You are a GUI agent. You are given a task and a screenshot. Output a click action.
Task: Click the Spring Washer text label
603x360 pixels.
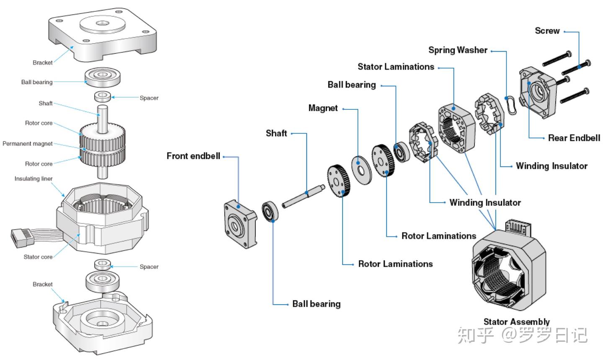pyautogui.click(x=457, y=50)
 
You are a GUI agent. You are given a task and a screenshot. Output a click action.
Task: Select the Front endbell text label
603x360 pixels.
pyautogui.click(x=193, y=156)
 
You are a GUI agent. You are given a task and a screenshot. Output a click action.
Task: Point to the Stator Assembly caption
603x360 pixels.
pyautogui.click(x=516, y=322)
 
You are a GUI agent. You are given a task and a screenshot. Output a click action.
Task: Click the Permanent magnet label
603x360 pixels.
pyautogui.click(x=28, y=144)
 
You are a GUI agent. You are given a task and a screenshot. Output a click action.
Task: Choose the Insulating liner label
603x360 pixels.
pyautogui.click(x=33, y=179)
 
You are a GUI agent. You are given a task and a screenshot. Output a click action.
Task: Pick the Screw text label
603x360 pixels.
pyautogui.click(x=547, y=31)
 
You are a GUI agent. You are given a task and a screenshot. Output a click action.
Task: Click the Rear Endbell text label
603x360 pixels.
pyautogui.click(x=574, y=138)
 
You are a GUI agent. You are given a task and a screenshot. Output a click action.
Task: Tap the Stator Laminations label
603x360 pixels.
pyautogui.click(x=396, y=67)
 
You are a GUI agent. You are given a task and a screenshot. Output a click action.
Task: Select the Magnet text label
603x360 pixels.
pyautogui.click(x=323, y=108)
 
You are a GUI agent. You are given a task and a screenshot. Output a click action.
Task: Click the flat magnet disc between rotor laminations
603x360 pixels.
pyautogui.click(x=361, y=170)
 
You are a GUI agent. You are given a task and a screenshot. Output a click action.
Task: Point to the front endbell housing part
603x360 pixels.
pyautogui.click(x=239, y=223)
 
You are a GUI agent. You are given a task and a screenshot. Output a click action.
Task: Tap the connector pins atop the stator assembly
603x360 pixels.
pyautogui.click(x=519, y=227)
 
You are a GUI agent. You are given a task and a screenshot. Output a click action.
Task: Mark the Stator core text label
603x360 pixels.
pyautogui.click(x=38, y=257)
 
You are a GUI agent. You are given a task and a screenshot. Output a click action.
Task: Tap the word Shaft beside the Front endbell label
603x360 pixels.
pyautogui.click(x=276, y=133)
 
